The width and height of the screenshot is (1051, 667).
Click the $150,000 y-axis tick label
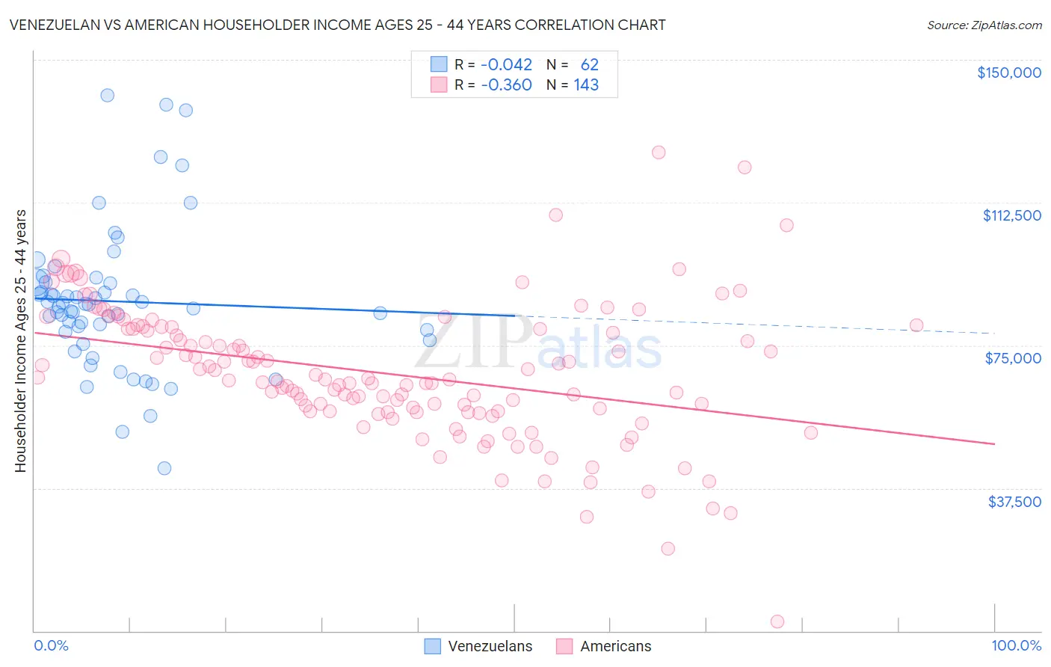[1008, 73]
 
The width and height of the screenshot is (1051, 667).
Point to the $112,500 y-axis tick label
[1011, 215]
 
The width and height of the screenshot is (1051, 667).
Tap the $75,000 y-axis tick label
[1013, 358]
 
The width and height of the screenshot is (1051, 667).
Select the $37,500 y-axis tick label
[1014, 502]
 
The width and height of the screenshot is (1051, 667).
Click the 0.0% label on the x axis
[51, 645]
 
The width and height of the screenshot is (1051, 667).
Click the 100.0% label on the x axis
[1016, 645]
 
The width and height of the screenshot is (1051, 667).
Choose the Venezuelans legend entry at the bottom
[478, 646]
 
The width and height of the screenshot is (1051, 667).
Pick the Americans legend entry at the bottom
[604, 646]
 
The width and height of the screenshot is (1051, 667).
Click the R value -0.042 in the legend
[506, 65]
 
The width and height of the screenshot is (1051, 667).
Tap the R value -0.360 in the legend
[506, 85]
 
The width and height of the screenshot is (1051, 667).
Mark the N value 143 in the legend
[586, 85]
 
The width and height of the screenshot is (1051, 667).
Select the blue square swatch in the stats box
[438, 65]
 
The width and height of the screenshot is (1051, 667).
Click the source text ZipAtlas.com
[984, 25]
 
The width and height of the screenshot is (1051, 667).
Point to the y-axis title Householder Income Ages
[20, 340]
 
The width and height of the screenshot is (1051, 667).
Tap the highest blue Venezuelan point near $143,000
[107, 95]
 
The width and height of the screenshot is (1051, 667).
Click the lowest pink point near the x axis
[777, 622]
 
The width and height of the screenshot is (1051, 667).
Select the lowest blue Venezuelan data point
[164, 468]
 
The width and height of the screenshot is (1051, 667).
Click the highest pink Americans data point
[659, 153]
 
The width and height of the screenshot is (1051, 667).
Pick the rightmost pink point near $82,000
[916, 325]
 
